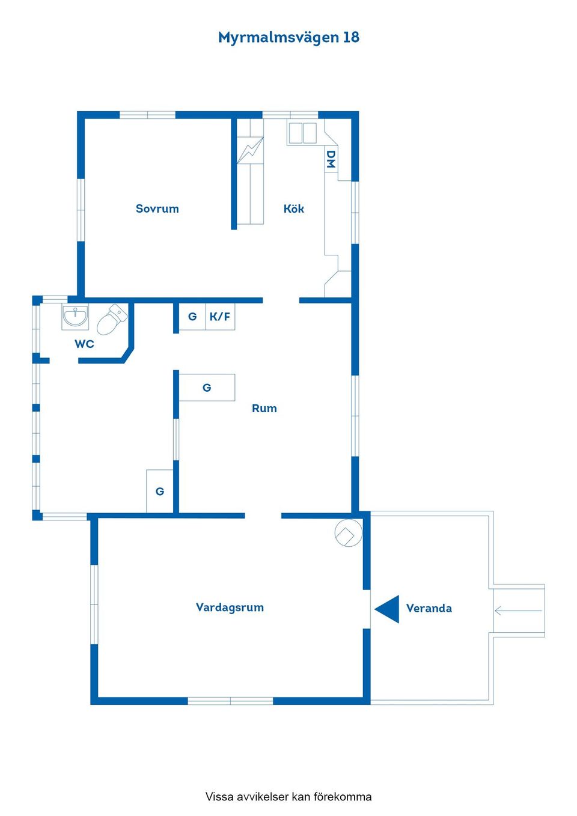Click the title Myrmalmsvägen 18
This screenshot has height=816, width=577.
coord(288,37)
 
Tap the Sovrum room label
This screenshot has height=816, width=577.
coord(157,209)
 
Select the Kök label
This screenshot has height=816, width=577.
coord(293,209)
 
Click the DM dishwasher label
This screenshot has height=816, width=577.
coord(331,159)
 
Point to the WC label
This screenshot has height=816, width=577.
coord(85,344)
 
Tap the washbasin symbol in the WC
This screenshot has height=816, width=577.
coord(75,316)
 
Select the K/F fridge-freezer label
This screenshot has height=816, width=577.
coord(220,317)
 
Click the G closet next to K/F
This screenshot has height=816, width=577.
coord(192,317)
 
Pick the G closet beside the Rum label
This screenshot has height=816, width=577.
coord(207,387)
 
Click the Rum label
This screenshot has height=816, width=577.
coord(264,409)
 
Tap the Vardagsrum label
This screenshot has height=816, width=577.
coord(230,607)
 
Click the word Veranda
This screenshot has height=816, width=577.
coord(429,608)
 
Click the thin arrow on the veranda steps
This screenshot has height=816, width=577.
coord(518,610)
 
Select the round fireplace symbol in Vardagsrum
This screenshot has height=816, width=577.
coord(349,532)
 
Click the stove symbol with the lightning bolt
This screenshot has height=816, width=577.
coord(250,150)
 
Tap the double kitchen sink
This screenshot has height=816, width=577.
coord(302,133)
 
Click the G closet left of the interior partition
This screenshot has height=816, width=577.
coord(159,491)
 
